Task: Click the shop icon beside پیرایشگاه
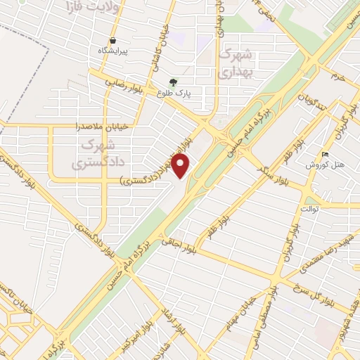(112, 40)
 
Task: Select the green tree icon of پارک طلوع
(173, 82)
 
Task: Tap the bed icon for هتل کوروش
(324, 153)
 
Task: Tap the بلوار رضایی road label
(124, 82)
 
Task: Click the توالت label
(309, 209)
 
